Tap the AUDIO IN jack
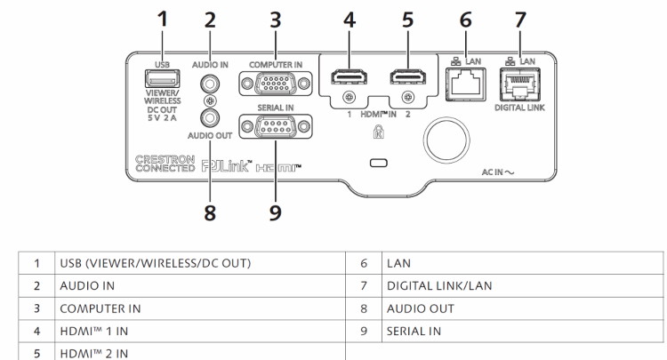[x=211, y=84]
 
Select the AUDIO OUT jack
[x=211, y=116]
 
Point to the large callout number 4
[x=350, y=20]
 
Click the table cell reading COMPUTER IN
[x=100, y=308]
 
